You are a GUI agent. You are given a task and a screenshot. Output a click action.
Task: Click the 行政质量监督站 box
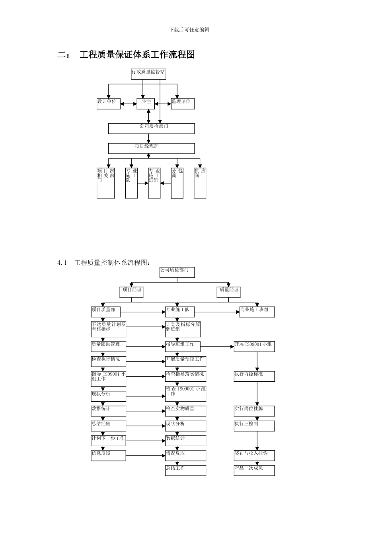pyautogui.click(x=148, y=74)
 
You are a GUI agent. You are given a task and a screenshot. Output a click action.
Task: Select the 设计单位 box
pyautogui.click(x=109, y=103)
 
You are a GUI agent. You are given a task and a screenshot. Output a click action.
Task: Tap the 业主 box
pyautogui.click(x=148, y=103)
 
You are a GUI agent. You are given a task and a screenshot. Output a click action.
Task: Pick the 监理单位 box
pyautogui.click(x=183, y=103)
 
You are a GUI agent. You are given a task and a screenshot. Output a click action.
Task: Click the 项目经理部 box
pyautogui.click(x=151, y=148)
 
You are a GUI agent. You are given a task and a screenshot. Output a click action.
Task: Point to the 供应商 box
pyautogui.click(x=200, y=183)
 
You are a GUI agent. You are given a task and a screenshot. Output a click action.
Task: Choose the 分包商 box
pyautogui.click(x=177, y=183)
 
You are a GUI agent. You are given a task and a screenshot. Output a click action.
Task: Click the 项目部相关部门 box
pyautogui.click(x=106, y=183)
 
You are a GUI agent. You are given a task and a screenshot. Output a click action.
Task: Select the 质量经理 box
pyautogui.click(x=229, y=292)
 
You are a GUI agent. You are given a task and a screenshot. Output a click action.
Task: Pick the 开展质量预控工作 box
pyautogui.click(x=186, y=361)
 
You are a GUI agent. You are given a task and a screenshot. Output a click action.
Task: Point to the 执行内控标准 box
pyautogui.click(x=254, y=377)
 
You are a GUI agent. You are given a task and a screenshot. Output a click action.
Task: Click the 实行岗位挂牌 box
pyautogui.click(x=254, y=411)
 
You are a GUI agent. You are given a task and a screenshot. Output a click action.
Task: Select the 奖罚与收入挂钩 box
pyautogui.click(x=254, y=455)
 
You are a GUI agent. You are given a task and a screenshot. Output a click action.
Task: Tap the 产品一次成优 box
pyautogui.click(x=254, y=471)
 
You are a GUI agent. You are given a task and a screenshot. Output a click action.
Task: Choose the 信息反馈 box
pyautogui.click(x=108, y=455)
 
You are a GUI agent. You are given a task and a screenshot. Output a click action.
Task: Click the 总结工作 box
pyautogui.click(x=186, y=471)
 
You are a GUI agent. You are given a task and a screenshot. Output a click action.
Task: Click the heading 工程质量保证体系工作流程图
pyautogui.click(x=137, y=55)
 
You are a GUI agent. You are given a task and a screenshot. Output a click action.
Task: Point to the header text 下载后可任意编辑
pyautogui.click(x=189, y=30)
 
